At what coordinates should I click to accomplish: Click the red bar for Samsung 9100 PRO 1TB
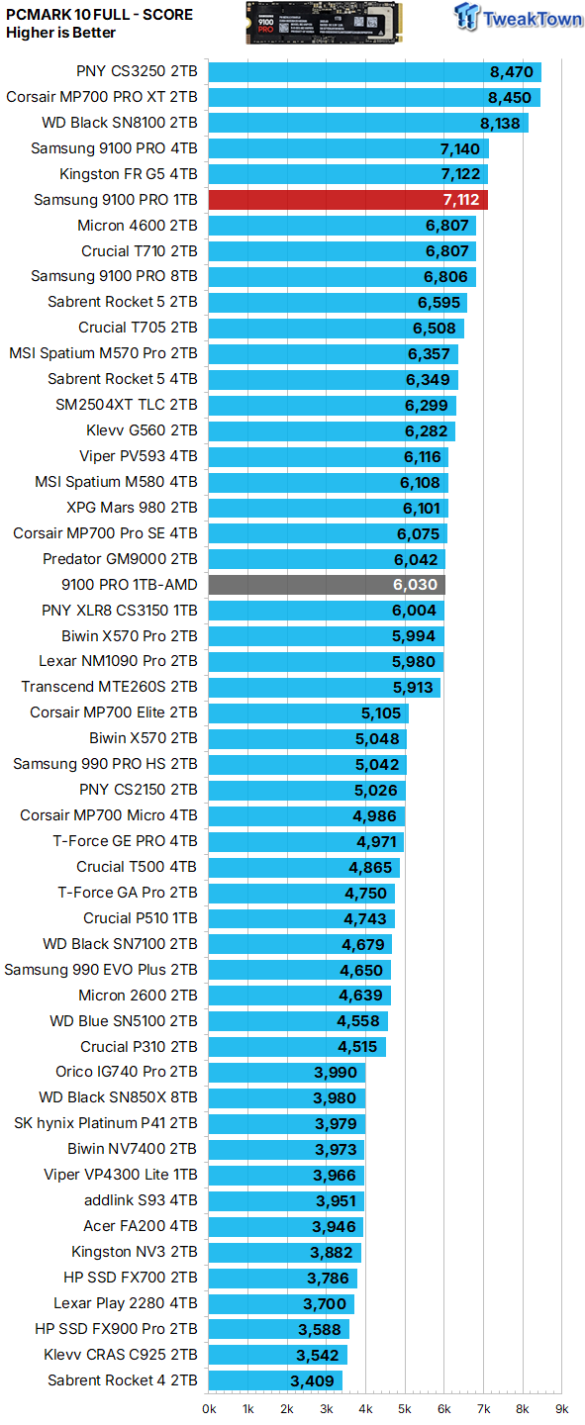348,200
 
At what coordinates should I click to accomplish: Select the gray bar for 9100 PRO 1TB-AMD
327,585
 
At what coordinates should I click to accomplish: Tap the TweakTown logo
519,18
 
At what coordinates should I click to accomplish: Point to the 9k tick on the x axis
561,1408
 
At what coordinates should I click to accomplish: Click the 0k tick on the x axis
210,1408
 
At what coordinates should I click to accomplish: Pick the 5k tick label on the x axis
405,1408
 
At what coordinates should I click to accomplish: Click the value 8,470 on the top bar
511,72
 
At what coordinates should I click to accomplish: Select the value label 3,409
312,1380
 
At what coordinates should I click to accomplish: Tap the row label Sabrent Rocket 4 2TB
122,1380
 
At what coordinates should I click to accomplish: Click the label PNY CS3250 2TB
137,72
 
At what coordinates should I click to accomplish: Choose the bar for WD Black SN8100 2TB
368,123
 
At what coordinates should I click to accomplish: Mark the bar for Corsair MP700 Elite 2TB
309,712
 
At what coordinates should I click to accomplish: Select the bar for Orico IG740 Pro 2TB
287,1073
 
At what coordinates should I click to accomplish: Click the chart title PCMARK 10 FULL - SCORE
99,15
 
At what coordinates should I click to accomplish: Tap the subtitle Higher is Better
60,33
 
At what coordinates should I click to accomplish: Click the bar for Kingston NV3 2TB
285,1253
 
